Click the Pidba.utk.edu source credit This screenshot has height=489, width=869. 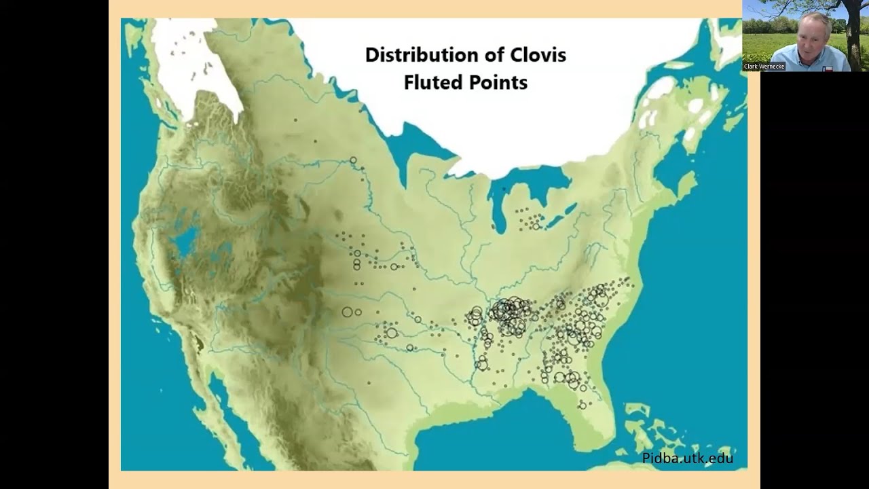(x=687, y=458)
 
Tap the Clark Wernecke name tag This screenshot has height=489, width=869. (x=764, y=67)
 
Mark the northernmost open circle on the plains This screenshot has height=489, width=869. (x=353, y=161)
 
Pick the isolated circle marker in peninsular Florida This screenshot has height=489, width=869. (x=582, y=405)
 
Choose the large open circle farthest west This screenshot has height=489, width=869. (x=347, y=312)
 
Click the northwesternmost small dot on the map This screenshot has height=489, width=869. (x=296, y=120)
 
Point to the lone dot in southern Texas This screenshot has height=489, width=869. (x=369, y=384)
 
